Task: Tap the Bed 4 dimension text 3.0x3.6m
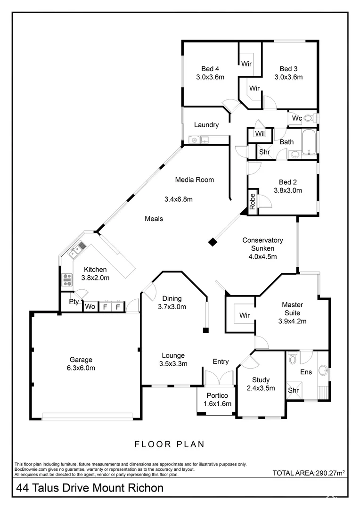coord(210,77)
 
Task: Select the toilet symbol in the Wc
coord(309,118)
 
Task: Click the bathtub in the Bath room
coord(309,142)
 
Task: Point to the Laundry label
coord(206,125)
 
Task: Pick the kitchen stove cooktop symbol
coord(67,280)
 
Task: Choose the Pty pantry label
coord(74,302)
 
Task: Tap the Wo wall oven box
coord(90,307)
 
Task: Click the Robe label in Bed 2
coord(253,201)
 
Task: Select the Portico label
coord(217,395)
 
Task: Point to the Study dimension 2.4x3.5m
coord(261,388)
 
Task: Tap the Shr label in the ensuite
coord(294,390)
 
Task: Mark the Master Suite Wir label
coord(244,315)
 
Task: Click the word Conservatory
coord(262,240)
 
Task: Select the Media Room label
coord(194,180)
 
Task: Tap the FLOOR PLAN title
coord(169,443)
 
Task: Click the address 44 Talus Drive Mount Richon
coord(90,488)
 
